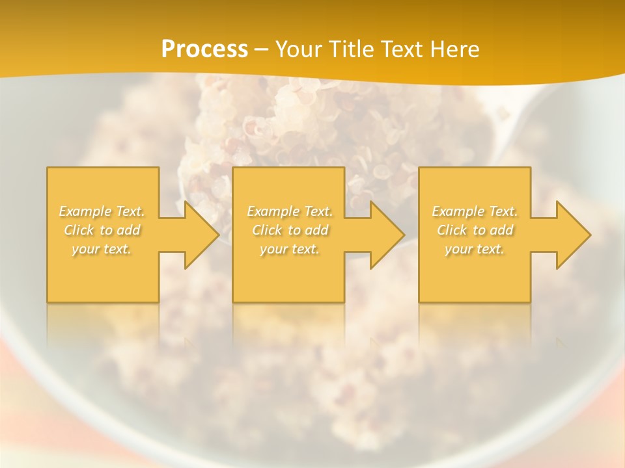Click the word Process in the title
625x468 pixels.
coord(204,49)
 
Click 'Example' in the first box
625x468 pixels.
coord(85,211)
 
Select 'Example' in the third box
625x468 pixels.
coord(458,211)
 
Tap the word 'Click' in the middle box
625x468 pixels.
coord(267,230)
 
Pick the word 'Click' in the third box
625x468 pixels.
coord(452,230)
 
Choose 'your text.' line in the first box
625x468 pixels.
coord(102,249)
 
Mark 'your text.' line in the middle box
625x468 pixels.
coord(289,249)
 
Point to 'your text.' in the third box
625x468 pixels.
coord(474,249)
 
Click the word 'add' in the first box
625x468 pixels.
coord(129,230)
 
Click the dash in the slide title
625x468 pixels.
coord(260,50)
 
